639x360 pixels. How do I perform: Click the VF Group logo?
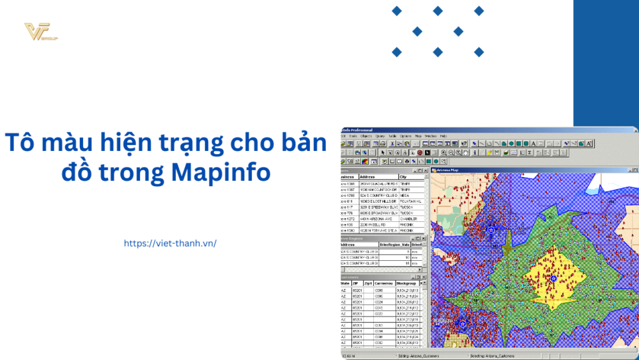click(x=40, y=32)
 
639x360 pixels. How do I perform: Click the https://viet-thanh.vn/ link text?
click(x=170, y=243)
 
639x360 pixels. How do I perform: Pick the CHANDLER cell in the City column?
click(x=410, y=219)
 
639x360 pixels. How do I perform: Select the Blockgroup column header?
click(x=406, y=283)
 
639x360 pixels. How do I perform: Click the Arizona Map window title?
click(x=447, y=170)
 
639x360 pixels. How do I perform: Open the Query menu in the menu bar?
click(x=380, y=136)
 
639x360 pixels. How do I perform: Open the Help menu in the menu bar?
click(x=443, y=136)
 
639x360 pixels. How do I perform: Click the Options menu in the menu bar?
click(x=406, y=136)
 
